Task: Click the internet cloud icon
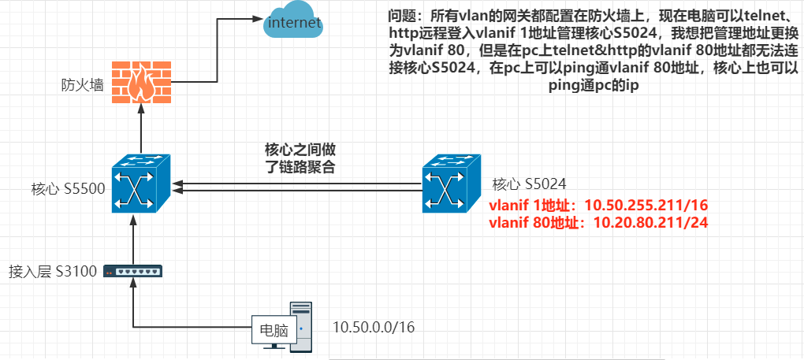click(294, 22)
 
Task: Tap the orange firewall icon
click(140, 83)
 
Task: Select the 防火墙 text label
click(83, 84)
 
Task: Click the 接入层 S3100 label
click(52, 272)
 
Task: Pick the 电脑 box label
click(270, 330)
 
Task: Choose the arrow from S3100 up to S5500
click(134, 240)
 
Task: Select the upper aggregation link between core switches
click(300, 183)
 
